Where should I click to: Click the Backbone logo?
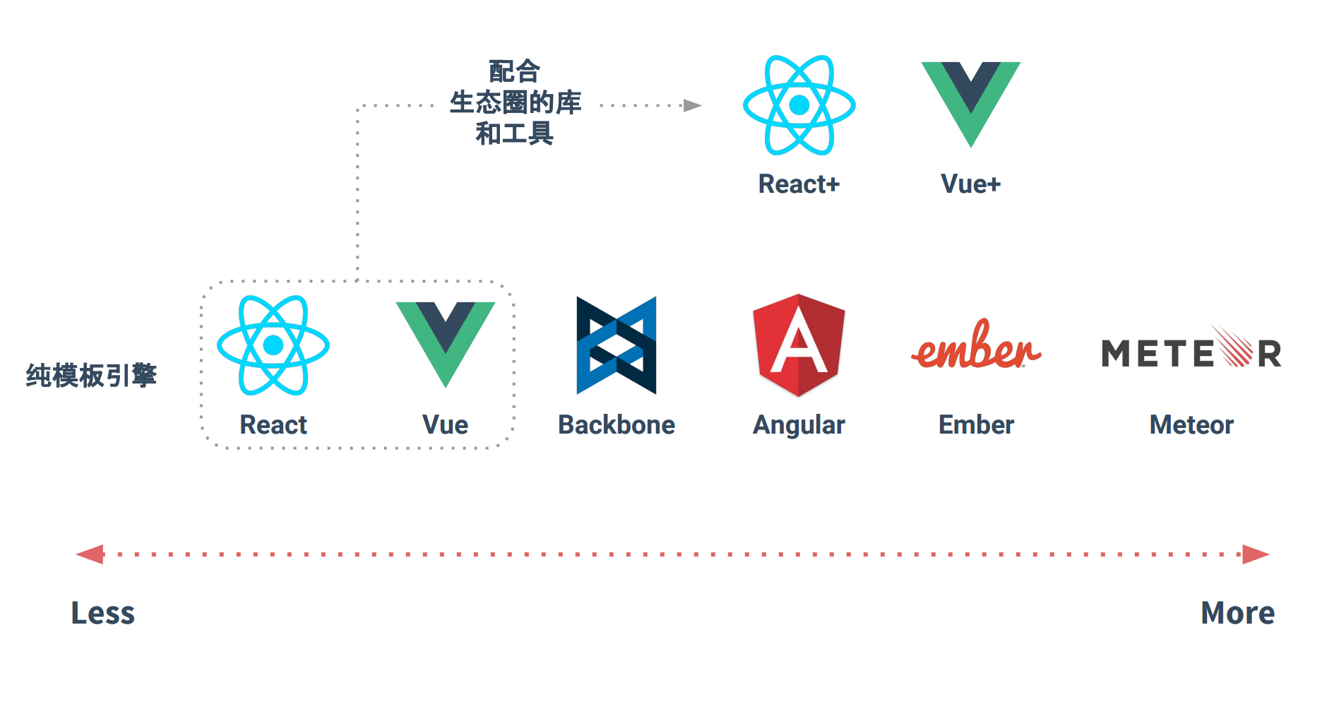[617, 345]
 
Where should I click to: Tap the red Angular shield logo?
[799, 345]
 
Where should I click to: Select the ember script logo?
[976, 346]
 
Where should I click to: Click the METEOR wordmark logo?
[1191, 351]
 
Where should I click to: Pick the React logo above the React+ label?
[799, 105]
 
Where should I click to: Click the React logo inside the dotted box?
[273, 345]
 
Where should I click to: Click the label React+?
[799, 184]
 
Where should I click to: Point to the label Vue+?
[971, 184]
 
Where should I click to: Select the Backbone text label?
[617, 425]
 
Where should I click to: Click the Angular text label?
[799, 425]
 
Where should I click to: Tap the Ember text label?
[976, 425]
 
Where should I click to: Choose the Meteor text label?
[1191, 425]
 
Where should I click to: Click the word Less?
[103, 613]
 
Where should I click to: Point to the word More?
[1238, 613]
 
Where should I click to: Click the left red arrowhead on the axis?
[90, 554]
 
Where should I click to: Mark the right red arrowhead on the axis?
[1256, 554]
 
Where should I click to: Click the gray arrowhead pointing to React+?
[693, 106]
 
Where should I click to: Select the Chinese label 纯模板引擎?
[91, 376]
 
